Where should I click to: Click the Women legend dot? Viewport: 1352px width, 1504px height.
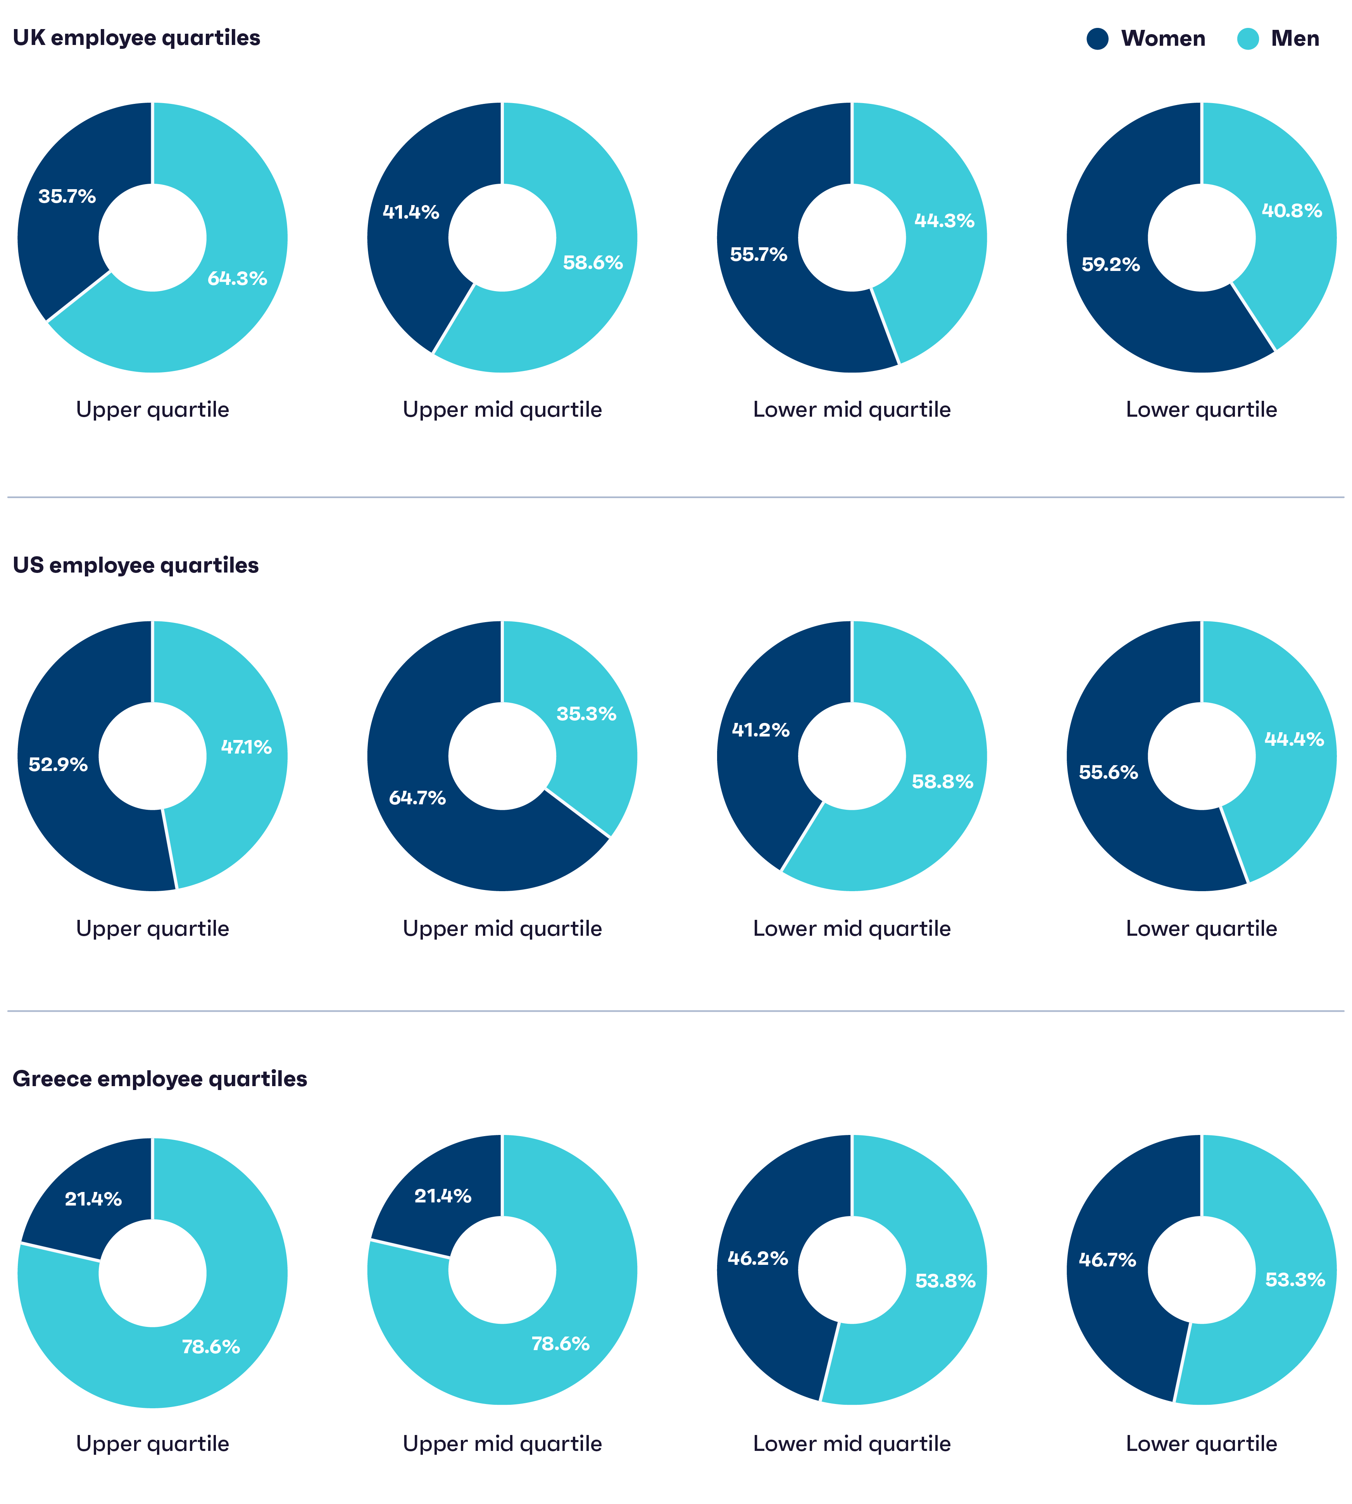pos(1097,39)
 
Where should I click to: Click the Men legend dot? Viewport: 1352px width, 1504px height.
pos(1248,39)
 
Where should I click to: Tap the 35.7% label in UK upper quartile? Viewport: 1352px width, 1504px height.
pos(67,197)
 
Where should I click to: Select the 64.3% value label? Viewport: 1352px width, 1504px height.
pos(237,279)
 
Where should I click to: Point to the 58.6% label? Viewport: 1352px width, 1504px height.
pos(592,263)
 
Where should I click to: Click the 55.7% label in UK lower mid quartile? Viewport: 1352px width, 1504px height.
pos(759,255)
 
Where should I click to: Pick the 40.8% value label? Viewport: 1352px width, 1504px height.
pos(1292,211)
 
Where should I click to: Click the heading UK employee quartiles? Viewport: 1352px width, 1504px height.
pos(137,38)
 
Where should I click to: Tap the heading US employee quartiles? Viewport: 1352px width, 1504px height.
pos(136,565)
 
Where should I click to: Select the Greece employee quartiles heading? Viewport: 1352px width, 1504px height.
pos(160,1078)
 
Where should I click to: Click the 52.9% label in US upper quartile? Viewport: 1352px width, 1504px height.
pos(58,764)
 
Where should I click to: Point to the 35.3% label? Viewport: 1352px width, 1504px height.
pos(586,714)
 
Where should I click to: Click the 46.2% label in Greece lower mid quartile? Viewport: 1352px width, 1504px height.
pos(758,1258)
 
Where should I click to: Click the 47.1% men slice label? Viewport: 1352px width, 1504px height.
pos(246,747)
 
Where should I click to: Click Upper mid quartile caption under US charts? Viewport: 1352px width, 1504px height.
pos(502,928)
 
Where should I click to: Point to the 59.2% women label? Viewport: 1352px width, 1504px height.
pos(1111,264)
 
